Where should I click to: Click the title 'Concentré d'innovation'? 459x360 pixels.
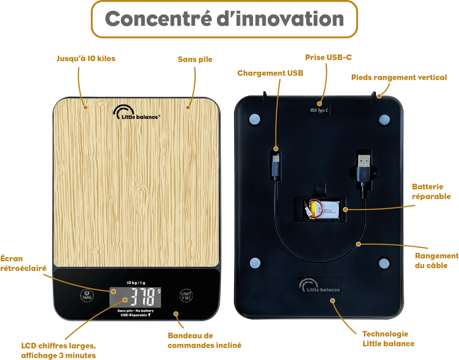point(224,19)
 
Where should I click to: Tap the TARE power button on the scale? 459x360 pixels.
point(87,295)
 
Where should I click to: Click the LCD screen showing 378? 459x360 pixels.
point(135,297)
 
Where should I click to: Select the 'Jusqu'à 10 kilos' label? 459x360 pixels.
point(86,59)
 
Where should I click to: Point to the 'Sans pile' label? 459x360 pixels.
point(195,60)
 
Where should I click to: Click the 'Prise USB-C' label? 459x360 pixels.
point(328,57)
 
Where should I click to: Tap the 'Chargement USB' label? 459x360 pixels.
point(270,73)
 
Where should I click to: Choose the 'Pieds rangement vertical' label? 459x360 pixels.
point(399,78)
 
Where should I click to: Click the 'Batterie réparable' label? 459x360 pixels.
point(431,192)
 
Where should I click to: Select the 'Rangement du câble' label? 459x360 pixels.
point(437,261)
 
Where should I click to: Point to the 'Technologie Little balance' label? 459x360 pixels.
point(388,339)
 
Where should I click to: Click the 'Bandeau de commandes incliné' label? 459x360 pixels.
point(204,340)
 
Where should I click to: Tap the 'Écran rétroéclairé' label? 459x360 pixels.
point(23,264)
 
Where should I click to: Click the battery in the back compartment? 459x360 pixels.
point(321,209)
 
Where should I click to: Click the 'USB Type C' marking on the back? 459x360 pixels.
point(320,110)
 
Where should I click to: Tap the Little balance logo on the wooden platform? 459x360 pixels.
point(137,113)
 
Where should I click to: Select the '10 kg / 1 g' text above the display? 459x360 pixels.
point(136,282)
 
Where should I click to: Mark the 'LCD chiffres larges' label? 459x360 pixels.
point(59,346)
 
